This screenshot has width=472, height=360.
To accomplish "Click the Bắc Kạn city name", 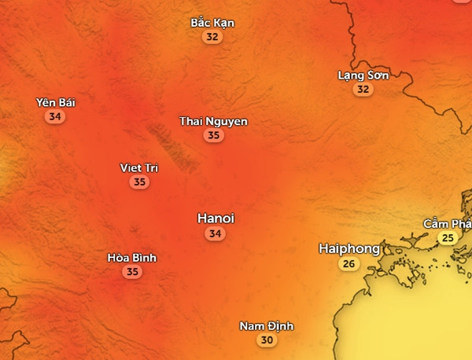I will point(212,23).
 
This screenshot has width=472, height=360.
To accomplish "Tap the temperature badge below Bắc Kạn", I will point(212,37).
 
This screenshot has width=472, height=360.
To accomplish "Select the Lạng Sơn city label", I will point(363,75).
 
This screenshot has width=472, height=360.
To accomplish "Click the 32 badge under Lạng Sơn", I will point(362,90).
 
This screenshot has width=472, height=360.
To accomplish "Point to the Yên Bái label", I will point(56,102).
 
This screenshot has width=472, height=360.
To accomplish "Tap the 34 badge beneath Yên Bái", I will point(55,116).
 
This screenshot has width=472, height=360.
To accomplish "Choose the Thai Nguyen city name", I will point(213,121).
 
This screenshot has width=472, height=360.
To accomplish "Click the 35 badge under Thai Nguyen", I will point(213,135).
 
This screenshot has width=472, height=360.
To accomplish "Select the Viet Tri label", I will point(139,168).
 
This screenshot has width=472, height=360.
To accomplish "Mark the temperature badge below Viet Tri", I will point(139,182).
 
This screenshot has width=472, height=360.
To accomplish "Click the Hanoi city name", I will point(216,218).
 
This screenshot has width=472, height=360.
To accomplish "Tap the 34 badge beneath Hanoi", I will point(216,233).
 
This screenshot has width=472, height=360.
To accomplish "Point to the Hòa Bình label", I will point(132,258).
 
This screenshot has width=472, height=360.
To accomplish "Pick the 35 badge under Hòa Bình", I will point(132,272).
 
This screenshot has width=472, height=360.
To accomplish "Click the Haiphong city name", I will point(349,248).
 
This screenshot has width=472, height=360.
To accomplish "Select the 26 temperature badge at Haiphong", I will point(348,264).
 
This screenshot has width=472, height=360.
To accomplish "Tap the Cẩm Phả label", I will point(448,224).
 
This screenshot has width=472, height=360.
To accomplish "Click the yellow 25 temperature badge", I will point(448,238).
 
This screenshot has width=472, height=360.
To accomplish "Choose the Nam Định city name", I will point(267,326).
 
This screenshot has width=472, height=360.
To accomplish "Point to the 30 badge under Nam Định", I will point(267,340).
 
